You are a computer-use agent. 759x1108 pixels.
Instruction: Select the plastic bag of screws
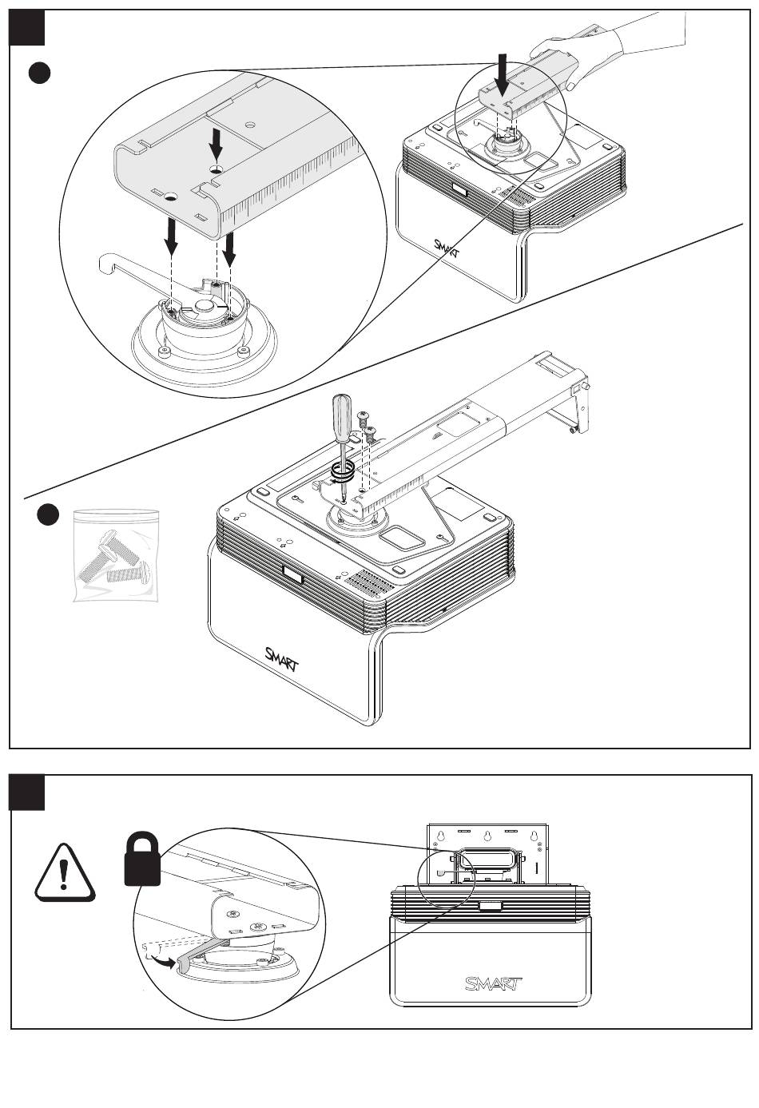pyautogui.click(x=117, y=555)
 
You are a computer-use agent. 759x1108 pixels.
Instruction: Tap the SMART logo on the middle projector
pyautogui.click(x=281, y=659)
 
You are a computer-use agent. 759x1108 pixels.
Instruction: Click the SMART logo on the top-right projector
pyautogui.click(x=447, y=250)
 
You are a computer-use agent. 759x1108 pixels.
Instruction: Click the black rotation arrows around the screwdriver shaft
pyautogui.click(x=343, y=471)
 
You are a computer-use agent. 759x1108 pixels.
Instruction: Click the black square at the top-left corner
pyautogui.click(x=27, y=28)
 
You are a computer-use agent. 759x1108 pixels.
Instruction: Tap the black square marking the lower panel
pyautogui.click(x=27, y=792)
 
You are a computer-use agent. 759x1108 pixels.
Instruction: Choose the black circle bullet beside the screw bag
pyautogui.click(x=48, y=515)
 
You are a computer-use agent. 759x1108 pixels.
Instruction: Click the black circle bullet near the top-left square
pyautogui.click(x=39, y=73)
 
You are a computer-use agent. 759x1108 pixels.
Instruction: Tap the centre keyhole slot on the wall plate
pyautogui.click(x=487, y=836)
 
